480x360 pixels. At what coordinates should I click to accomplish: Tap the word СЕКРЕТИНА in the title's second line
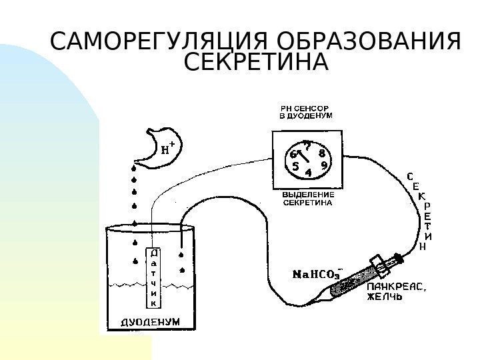pos(256,64)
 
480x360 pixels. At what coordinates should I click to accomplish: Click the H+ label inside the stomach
pos(169,148)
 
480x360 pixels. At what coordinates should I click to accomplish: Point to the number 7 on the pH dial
pos(307,143)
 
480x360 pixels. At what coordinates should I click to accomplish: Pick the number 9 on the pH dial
pos(324,165)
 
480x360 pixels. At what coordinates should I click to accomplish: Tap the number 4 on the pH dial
pos(308,173)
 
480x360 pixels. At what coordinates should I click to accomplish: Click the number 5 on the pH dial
pos(295,167)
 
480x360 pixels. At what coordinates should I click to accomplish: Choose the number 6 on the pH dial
pos(293,154)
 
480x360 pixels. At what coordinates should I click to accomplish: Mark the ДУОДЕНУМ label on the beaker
pos(150,321)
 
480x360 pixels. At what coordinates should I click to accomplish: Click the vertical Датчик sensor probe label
pos(154,278)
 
